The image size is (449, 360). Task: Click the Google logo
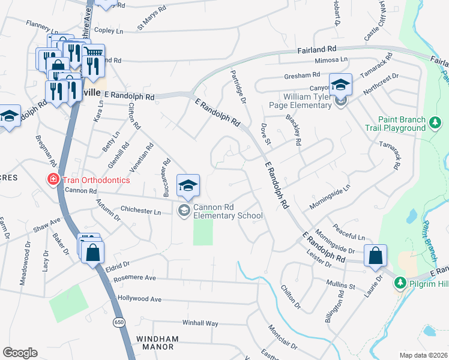tap(20, 352)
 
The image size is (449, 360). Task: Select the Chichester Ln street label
tap(140, 212)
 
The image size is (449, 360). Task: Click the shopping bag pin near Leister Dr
tap(375, 256)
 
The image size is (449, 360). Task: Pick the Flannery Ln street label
tap(41, 26)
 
